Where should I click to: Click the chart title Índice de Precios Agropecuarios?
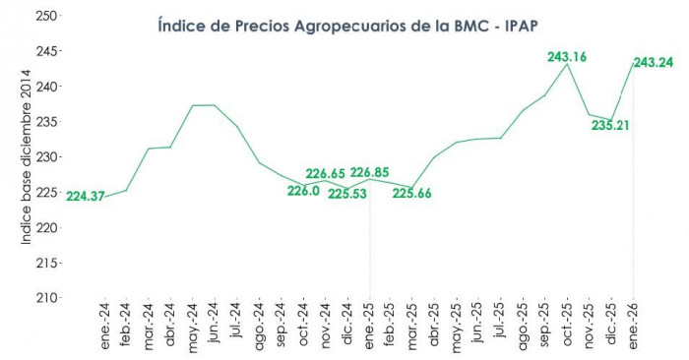(344, 25)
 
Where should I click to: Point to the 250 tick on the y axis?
(45, 17)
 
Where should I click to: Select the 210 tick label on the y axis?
(45, 297)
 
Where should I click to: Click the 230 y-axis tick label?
(45, 157)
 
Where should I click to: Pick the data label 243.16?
(567, 56)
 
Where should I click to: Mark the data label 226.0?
(303, 191)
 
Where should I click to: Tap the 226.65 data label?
(325, 173)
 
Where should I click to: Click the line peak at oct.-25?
(568, 65)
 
